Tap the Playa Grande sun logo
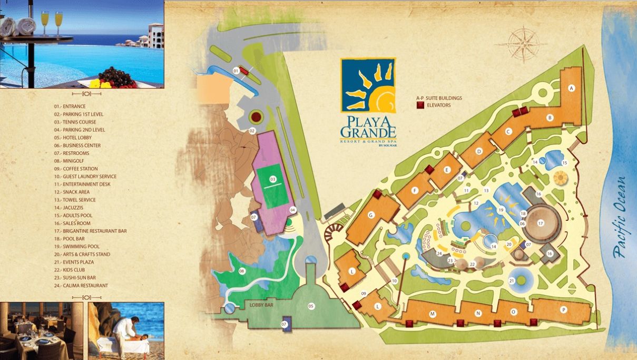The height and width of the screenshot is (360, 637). pos(368,85)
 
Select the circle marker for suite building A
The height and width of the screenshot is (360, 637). pos(571,89)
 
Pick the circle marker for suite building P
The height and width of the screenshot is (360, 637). pos(563,310)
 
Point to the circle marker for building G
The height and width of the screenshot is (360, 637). pos(371,215)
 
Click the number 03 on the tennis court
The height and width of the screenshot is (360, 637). pos(273,179)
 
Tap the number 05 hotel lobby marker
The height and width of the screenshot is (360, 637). pos(311,306)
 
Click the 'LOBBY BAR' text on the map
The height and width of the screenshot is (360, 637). pos(260,305)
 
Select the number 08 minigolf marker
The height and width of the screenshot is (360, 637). pos(242,271)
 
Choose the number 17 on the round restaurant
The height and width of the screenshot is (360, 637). pos(540,223)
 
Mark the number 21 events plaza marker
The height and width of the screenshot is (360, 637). pos(512,281)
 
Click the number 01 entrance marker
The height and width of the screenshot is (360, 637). pos(236,70)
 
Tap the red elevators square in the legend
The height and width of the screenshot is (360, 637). pos(420,105)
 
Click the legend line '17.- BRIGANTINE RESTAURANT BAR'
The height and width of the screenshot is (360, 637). pos(90,231)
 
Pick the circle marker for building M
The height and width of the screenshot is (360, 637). pos(433,314)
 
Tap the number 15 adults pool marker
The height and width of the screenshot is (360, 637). pos(564,163)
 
